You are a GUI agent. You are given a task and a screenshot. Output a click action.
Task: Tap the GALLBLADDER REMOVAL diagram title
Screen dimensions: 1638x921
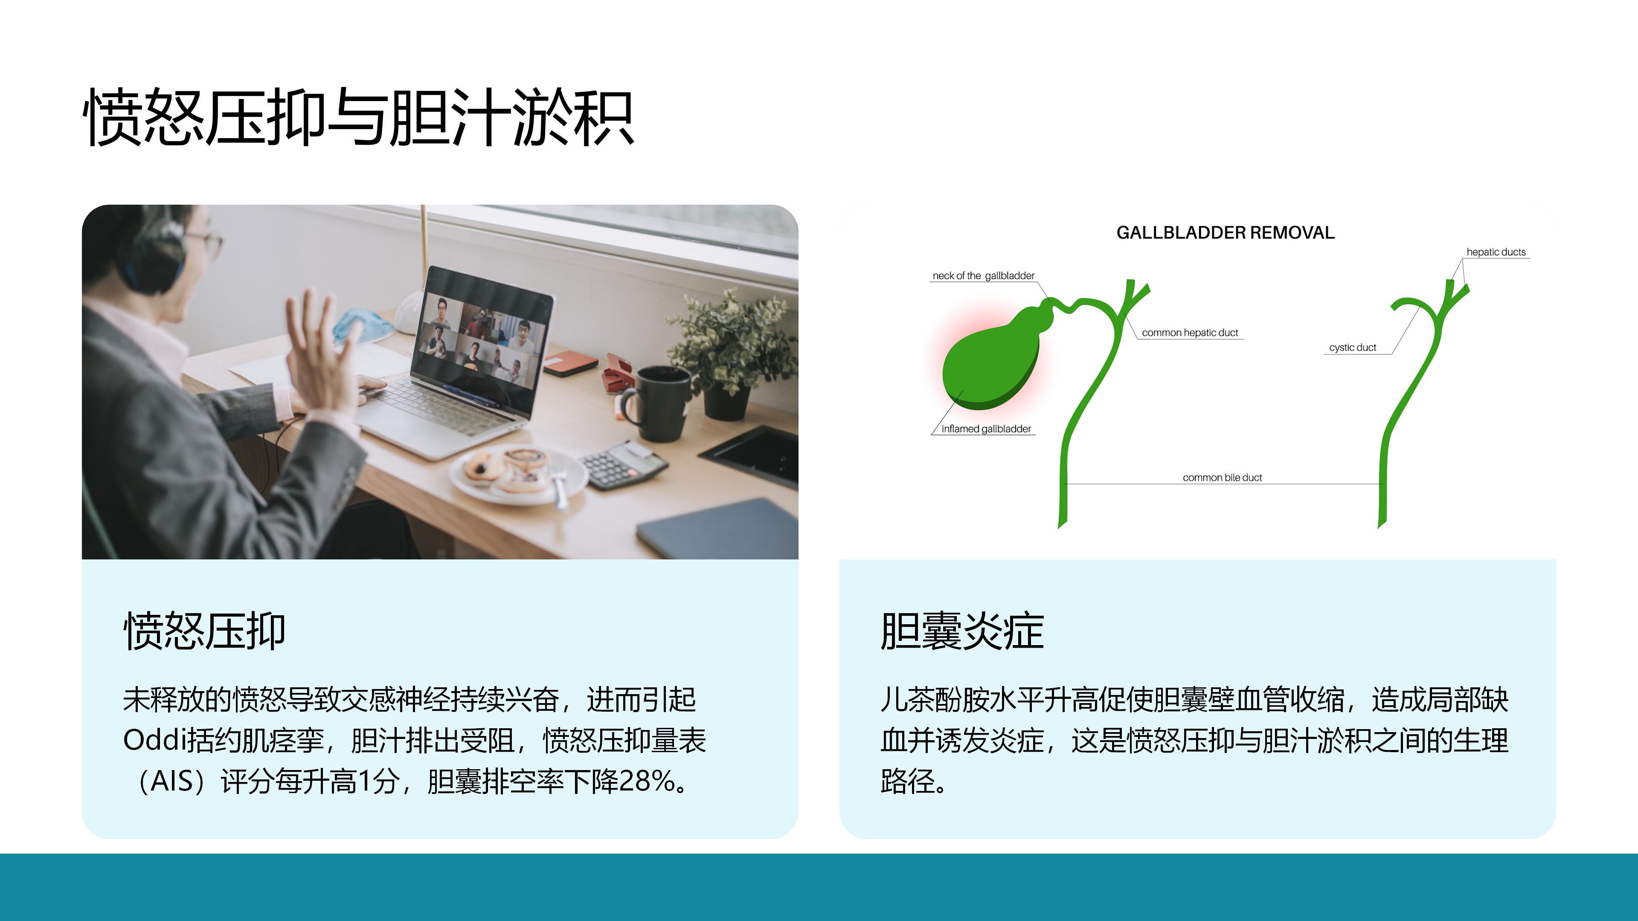pyautogui.click(x=1226, y=233)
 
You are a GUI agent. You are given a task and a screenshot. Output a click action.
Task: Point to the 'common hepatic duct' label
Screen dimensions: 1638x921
pyautogui.click(x=1190, y=333)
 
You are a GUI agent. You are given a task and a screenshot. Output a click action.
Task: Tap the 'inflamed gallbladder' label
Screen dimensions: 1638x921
pyautogui.click(x=986, y=429)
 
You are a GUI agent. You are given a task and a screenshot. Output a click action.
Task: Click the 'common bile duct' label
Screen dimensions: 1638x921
pyautogui.click(x=1222, y=478)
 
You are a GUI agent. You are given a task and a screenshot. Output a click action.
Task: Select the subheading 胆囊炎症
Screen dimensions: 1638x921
pyautogui.click(x=962, y=631)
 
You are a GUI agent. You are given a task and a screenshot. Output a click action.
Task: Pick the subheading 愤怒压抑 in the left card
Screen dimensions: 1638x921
pyautogui.click(x=204, y=631)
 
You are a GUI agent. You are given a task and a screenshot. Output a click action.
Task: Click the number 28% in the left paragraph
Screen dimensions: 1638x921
pyautogui.click(x=647, y=781)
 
